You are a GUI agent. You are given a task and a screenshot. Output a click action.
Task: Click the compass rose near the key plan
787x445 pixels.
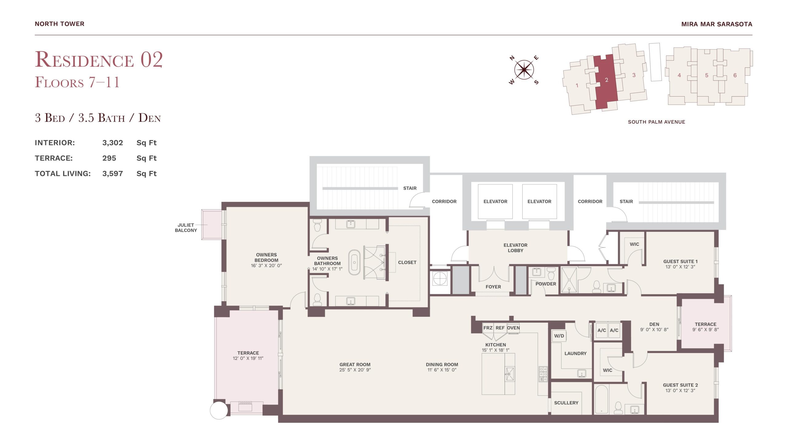524,70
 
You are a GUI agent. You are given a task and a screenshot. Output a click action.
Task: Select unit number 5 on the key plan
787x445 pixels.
706,75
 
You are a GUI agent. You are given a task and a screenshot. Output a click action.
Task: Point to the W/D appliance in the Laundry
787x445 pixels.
559,336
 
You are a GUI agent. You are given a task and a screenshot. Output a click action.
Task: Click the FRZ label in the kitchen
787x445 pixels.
488,328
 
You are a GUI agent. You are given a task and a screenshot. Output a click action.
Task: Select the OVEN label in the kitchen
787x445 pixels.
513,328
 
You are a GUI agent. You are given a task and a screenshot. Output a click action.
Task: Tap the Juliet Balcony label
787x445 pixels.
186,228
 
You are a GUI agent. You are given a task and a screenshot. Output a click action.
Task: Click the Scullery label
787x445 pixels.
566,403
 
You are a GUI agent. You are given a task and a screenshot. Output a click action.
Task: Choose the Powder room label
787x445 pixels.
546,284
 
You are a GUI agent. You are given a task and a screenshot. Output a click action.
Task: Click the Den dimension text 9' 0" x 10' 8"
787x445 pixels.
654,330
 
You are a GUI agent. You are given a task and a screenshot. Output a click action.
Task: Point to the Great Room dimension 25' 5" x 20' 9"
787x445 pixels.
355,370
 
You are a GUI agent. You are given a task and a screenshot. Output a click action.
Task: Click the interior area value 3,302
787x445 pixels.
113,143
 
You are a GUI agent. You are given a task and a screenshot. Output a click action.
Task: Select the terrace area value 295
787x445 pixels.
109,158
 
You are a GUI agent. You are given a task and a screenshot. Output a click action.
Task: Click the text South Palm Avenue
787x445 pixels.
656,122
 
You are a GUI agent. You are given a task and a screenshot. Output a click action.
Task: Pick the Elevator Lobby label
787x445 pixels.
515,248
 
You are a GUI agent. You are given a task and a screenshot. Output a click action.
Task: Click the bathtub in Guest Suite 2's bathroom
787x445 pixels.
601,399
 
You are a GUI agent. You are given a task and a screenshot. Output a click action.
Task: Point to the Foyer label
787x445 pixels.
493,287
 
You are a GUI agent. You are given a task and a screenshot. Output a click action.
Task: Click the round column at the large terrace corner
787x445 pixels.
219,410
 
